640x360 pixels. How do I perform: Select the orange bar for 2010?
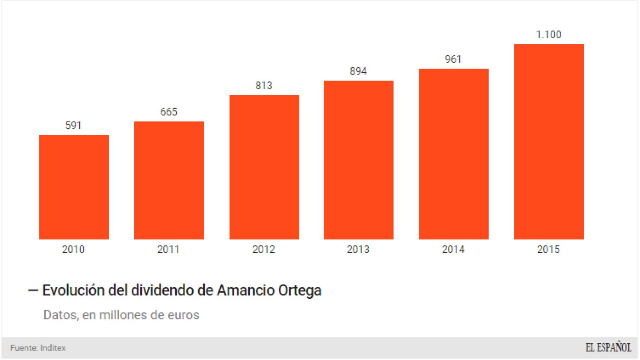pos(74,187)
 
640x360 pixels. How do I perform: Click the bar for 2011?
pos(169,180)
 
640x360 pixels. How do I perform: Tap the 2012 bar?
pos(264,167)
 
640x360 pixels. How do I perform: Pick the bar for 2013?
pos(358,160)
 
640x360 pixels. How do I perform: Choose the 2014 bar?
pos(454,154)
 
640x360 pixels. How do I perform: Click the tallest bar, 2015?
pos(548,142)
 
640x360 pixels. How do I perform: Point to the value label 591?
pos(73,125)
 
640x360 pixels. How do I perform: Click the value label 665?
pos(168,112)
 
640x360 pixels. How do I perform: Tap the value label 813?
pos(264,85)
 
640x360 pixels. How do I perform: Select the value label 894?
pos(358,71)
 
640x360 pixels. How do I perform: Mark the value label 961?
pos(453,59)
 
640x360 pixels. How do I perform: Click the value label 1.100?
pos(548,35)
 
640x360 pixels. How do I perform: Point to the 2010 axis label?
pos(73,249)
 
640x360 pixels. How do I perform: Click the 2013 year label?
pos(358,249)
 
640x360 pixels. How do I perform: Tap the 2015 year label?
pos(548,249)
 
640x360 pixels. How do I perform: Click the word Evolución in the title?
pos(73,291)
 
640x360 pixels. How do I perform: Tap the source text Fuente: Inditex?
pos(38,348)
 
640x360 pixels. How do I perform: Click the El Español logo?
pos(608,348)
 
